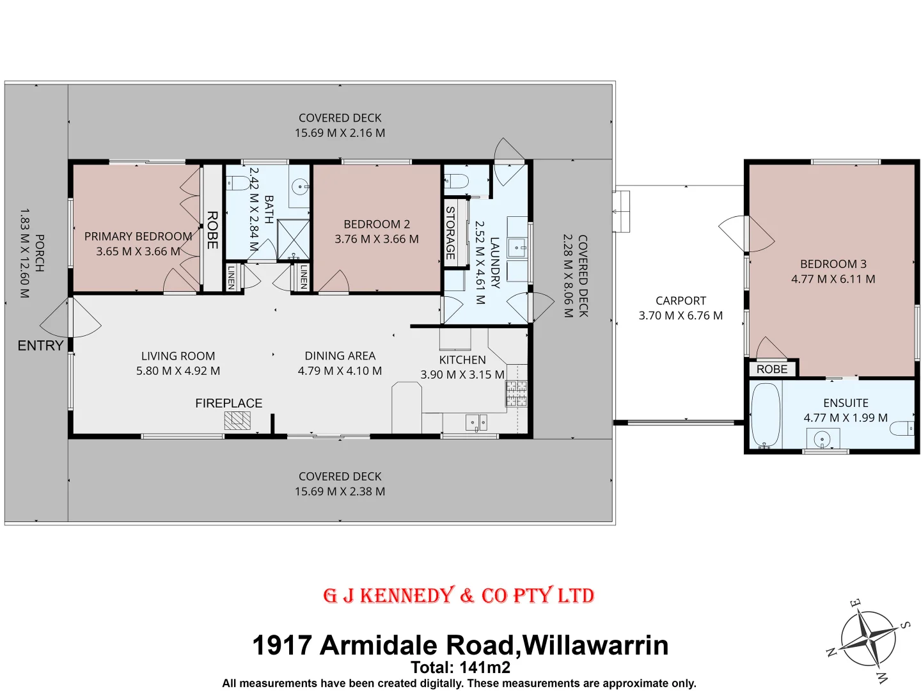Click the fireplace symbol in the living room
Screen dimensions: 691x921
[237, 420]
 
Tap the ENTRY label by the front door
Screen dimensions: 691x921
[40, 345]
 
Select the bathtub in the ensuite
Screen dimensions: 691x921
[765, 415]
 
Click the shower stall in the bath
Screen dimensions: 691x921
[294, 239]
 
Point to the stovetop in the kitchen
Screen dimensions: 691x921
[516, 393]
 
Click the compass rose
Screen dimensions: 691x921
[868, 639]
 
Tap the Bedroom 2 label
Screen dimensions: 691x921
[377, 224]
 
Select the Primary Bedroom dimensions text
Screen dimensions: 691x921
[138, 251]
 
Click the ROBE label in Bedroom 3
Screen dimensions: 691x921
[772, 369]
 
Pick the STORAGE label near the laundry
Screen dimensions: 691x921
[450, 232]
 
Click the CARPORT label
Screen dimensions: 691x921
[681, 301]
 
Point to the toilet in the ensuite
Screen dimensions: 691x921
[902, 428]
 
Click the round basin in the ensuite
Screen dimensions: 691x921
[823, 440]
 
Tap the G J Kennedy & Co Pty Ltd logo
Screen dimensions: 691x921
[459, 596]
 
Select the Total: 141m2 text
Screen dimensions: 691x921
[460, 667]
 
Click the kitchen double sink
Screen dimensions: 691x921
[476, 422]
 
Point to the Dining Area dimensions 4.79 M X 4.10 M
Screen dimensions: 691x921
[340, 371]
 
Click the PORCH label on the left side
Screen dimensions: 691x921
[39, 253]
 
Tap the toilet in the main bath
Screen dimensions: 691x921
[239, 183]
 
